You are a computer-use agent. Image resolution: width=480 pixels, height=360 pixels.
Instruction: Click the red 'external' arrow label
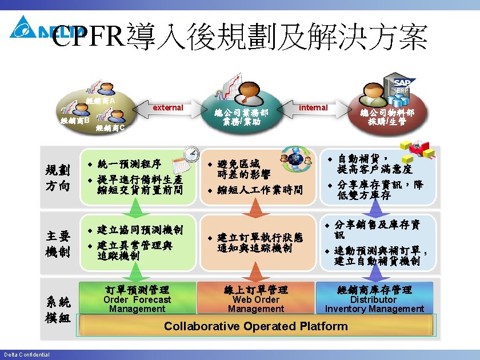(168, 107)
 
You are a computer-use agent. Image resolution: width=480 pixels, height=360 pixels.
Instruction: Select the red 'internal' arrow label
(313, 107)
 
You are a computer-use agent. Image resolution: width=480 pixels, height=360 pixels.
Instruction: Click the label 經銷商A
(101, 101)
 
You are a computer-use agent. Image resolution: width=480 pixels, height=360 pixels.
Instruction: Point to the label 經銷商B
(75, 121)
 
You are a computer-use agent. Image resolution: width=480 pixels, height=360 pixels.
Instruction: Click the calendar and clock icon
(185, 159)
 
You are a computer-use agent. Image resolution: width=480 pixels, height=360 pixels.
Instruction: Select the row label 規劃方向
(58, 177)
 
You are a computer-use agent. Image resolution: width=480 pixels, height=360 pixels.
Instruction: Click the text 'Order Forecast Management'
(137, 304)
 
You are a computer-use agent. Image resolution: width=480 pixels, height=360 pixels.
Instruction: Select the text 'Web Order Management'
(255, 304)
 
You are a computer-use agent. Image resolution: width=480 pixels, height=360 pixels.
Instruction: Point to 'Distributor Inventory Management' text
(374, 304)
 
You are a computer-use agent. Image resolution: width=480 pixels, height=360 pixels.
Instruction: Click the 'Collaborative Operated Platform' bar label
(255, 326)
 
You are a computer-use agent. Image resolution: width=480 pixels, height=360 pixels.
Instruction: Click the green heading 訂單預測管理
(137, 290)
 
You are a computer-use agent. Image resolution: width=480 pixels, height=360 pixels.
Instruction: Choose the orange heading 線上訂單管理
(255, 290)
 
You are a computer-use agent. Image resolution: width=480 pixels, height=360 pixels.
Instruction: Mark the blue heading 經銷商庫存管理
(374, 290)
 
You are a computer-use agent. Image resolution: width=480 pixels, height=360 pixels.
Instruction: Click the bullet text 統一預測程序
(129, 163)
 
